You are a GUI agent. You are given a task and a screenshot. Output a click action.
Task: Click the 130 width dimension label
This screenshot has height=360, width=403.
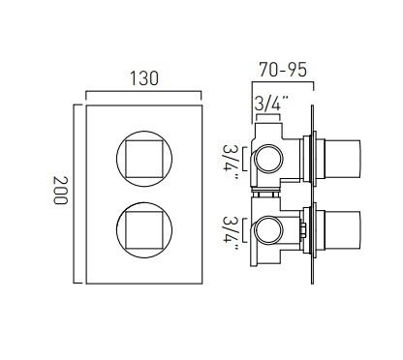[143, 78]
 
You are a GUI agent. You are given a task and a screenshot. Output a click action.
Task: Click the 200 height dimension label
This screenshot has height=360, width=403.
[60, 190]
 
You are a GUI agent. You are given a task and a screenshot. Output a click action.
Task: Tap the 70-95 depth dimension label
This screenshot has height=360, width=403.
[283, 70]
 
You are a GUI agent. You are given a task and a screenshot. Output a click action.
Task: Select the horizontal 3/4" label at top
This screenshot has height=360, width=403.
[270, 103]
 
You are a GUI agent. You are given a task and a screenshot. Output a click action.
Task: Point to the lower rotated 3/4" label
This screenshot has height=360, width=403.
[231, 231]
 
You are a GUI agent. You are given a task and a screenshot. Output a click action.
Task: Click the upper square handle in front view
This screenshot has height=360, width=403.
[144, 159]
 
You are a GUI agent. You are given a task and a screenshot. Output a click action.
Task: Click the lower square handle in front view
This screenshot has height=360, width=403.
[144, 230]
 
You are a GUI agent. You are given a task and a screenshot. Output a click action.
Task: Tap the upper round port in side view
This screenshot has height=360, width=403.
[268, 159]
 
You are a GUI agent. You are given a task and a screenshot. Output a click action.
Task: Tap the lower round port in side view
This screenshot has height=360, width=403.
[268, 230]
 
